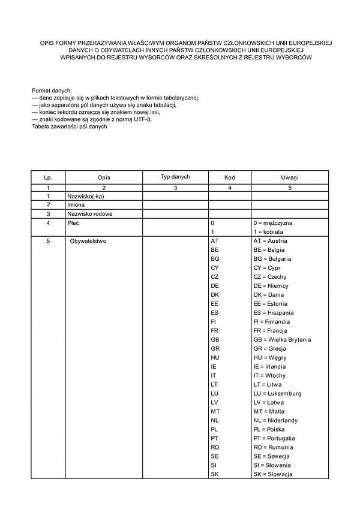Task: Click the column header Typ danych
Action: click(175, 177)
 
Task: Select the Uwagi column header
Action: click(290, 178)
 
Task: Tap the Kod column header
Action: click(229, 178)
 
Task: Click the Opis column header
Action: click(104, 178)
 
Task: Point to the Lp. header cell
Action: click(48, 178)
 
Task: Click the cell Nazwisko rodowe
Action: click(90, 213)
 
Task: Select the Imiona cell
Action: click(76, 204)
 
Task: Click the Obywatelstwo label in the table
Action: click(88, 240)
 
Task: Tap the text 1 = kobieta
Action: click(269, 231)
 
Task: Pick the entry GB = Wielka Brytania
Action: click(282, 339)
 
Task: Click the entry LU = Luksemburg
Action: click(277, 393)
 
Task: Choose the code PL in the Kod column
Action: click(215, 429)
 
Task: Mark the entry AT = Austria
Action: click(271, 240)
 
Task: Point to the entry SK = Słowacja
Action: click(273, 474)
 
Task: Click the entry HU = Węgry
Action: click(269, 357)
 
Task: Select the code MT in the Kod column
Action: click(215, 411)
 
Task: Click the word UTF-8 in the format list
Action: click(143, 119)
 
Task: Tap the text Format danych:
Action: click(52, 90)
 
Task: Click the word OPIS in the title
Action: click(47, 43)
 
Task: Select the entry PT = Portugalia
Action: click(274, 438)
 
